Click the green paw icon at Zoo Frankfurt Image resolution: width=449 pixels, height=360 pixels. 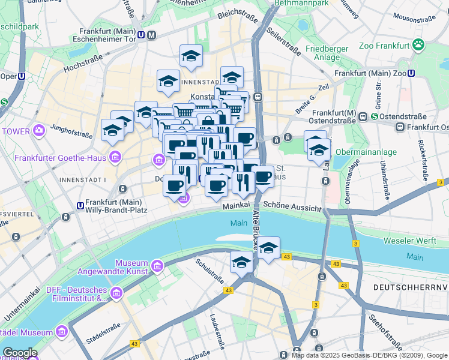pyautogui.click(x=418, y=45)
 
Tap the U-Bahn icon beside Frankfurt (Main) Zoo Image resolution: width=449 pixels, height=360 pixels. pyautogui.click(x=412, y=73)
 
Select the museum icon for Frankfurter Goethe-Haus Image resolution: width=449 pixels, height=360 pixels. pyautogui.click(x=115, y=158)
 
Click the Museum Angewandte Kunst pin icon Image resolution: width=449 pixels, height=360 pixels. pyautogui.click(x=157, y=265)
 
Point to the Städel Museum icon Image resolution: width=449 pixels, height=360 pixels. pyautogui.click(x=61, y=332)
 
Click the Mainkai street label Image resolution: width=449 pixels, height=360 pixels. pyautogui.click(x=236, y=206)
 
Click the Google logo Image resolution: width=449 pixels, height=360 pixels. pyautogui.click(x=20, y=353)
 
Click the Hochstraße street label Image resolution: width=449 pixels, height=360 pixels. pyautogui.click(x=81, y=64)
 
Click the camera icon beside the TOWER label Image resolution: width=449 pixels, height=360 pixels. pyautogui.click(x=39, y=130)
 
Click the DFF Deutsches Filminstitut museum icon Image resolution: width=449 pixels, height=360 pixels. pyautogui.click(x=116, y=293)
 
